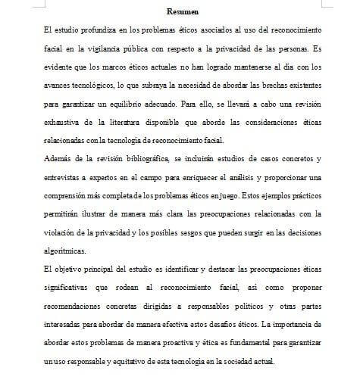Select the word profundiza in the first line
tap(95, 29)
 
